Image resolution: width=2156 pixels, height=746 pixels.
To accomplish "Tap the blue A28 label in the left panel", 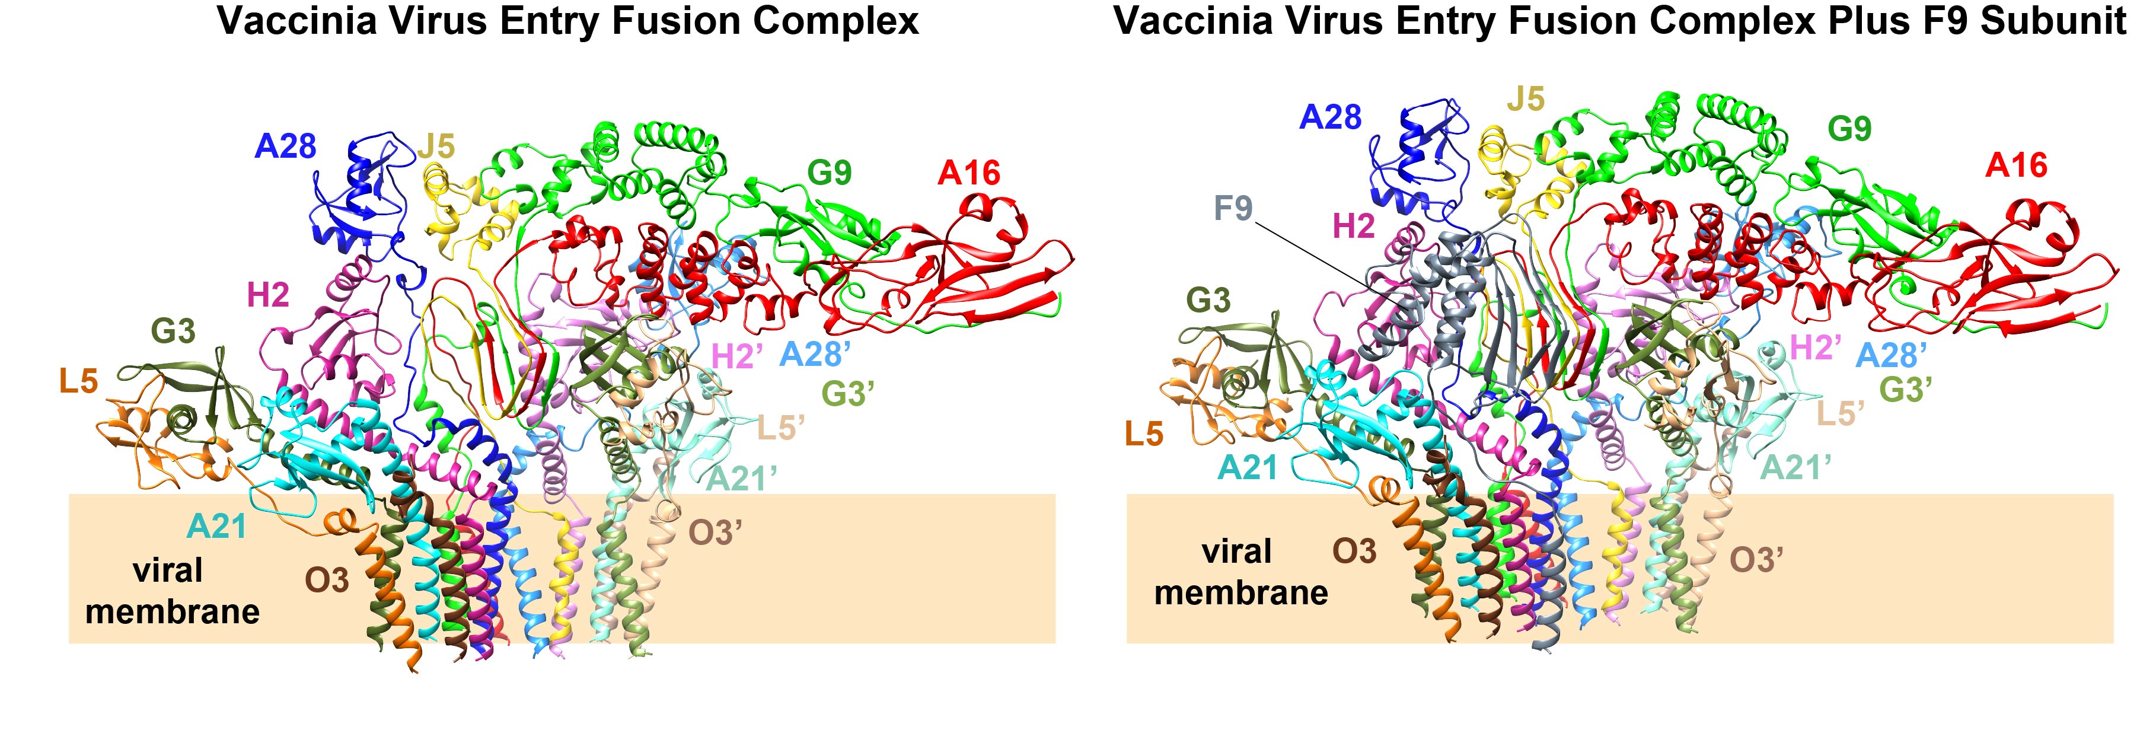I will point(285,146).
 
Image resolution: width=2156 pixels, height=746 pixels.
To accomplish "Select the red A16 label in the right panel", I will point(2016,166).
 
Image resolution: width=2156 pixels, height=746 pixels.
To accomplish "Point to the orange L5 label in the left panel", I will point(79,382).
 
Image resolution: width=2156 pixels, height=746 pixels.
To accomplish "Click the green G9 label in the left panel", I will point(830,173).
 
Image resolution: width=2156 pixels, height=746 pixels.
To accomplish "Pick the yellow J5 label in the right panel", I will point(1525,99).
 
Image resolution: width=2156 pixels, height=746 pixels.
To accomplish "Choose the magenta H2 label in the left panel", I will point(268,295).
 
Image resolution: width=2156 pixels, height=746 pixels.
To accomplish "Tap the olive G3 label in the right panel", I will point(1208,299).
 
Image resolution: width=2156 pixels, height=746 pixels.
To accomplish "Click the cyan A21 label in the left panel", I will point(217,526).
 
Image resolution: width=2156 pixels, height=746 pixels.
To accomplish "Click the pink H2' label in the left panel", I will point(736,356).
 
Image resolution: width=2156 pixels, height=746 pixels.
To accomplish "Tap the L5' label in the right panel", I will point(1841,413).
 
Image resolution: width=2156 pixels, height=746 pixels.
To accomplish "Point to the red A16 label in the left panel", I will point(969,173).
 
